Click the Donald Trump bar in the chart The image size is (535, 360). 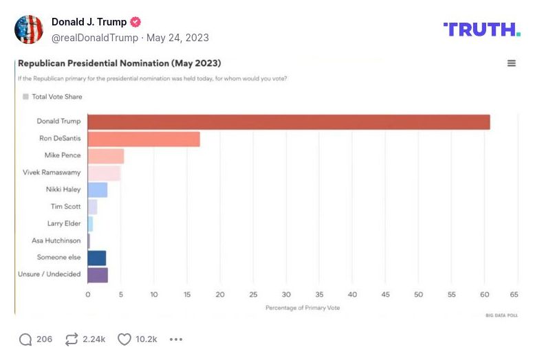[289, 122]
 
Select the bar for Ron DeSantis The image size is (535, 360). [144, 139]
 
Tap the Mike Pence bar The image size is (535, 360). [106, 156]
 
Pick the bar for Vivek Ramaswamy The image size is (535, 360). [104, 173]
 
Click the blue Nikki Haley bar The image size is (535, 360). [98, 190]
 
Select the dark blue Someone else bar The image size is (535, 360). [97, 258]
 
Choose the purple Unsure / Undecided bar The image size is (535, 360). [98, 275]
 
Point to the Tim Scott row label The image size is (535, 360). [65, 207]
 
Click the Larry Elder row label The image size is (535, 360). [64, 224]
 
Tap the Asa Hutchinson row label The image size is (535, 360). [56, 240]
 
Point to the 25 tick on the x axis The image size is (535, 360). [253, 294]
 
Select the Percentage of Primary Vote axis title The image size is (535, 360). [303, 308]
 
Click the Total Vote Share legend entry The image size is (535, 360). [52, 97]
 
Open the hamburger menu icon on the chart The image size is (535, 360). [512, 63]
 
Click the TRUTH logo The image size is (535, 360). [481, 30]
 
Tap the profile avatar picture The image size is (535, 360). [29, 30]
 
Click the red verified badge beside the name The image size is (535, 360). [136, 22]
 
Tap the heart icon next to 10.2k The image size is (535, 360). [124, 339]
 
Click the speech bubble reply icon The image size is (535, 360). [25, 339]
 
